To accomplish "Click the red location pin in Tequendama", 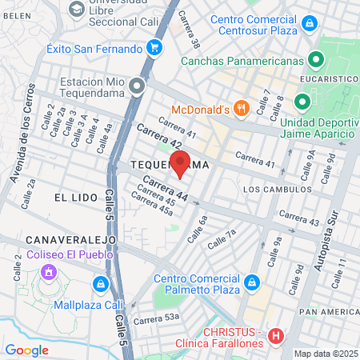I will click(181, 163).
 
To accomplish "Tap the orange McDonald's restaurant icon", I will click(240, 109).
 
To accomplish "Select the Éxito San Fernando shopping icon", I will click(156, 48).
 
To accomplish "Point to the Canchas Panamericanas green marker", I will click(316, 60).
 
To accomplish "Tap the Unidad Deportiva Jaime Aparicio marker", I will click(302, 102).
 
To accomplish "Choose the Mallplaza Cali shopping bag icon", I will click(100, 283).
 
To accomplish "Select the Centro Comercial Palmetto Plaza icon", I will click(251, 282).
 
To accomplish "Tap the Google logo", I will click(26, 350).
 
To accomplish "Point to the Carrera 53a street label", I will click(156, 319).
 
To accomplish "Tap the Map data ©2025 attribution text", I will click(323, 354).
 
